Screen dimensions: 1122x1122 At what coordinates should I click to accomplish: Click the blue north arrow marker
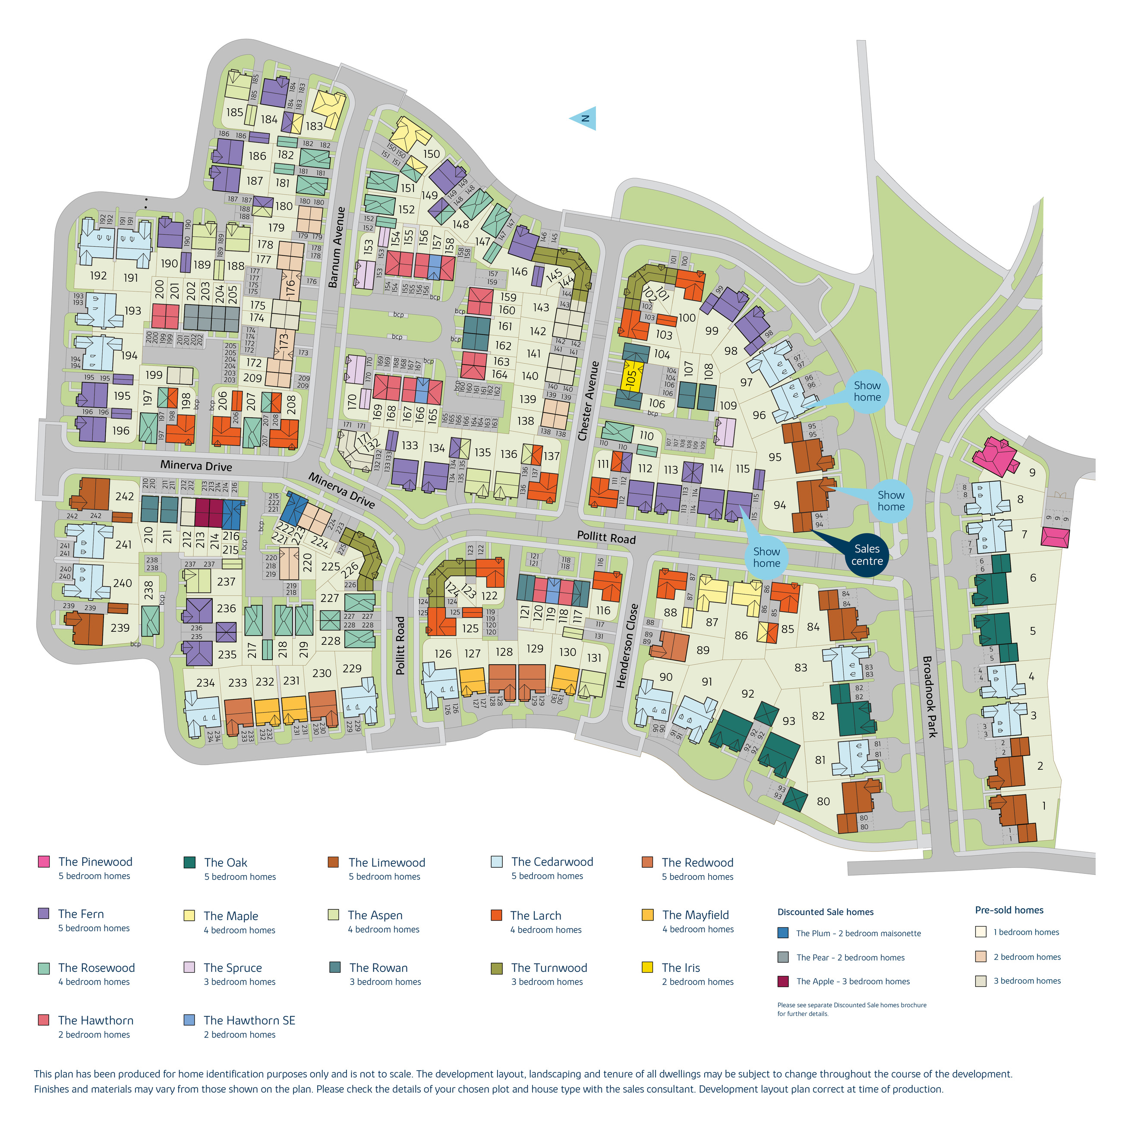pyautogui.click(x=583, y=119)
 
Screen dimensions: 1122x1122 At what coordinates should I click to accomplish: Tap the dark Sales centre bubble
pyautogui.click(x=867, y=555)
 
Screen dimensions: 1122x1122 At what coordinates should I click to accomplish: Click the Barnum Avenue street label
pyautogui.click(x=337, y=247)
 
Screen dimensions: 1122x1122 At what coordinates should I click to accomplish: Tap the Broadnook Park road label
pyautogui.click(x=930, y=697)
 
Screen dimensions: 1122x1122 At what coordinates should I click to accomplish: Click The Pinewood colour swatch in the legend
pyautogui.click(x=44, y=861)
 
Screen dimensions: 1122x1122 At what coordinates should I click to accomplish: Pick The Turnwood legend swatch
pyautogui.click(x=497, y=968)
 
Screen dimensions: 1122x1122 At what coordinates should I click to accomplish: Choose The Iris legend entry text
pyautogui.click(x=681, y=968)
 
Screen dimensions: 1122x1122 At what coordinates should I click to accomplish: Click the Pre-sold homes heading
pyautogui.click(x=1009, y=910)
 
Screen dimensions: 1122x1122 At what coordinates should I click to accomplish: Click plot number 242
pyautogui.click(x=124, y=497)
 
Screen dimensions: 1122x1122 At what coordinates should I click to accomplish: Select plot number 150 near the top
pyautogui.click(x=432, y=154)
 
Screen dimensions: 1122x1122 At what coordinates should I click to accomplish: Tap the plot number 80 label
pyautogui.click(x=823, y=801)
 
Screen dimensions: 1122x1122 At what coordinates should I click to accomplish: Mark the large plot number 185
pyautogui.click(x=235, y=112)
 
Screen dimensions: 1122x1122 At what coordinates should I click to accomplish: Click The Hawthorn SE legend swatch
pyautogui.click(x=189, y=1020)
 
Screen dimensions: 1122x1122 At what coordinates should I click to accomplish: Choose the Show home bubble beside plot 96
pyautogui.click(x=867, y=391)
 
